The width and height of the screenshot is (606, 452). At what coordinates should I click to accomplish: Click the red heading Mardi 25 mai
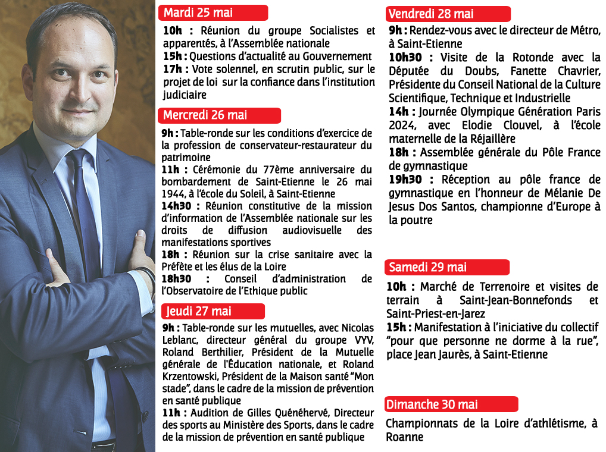198,12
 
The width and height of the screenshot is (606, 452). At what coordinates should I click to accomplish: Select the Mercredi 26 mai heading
205,115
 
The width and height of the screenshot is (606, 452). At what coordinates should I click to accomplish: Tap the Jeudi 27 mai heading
199,311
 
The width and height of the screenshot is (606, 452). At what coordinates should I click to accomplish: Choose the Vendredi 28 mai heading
431,14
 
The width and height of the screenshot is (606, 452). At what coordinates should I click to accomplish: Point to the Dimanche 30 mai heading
432,404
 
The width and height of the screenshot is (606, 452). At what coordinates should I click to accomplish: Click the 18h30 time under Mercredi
176,279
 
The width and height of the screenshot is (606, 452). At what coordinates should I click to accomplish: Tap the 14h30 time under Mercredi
176,206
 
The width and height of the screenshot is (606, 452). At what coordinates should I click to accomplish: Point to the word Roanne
404,437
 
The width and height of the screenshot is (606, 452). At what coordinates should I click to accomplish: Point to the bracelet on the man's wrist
145,275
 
